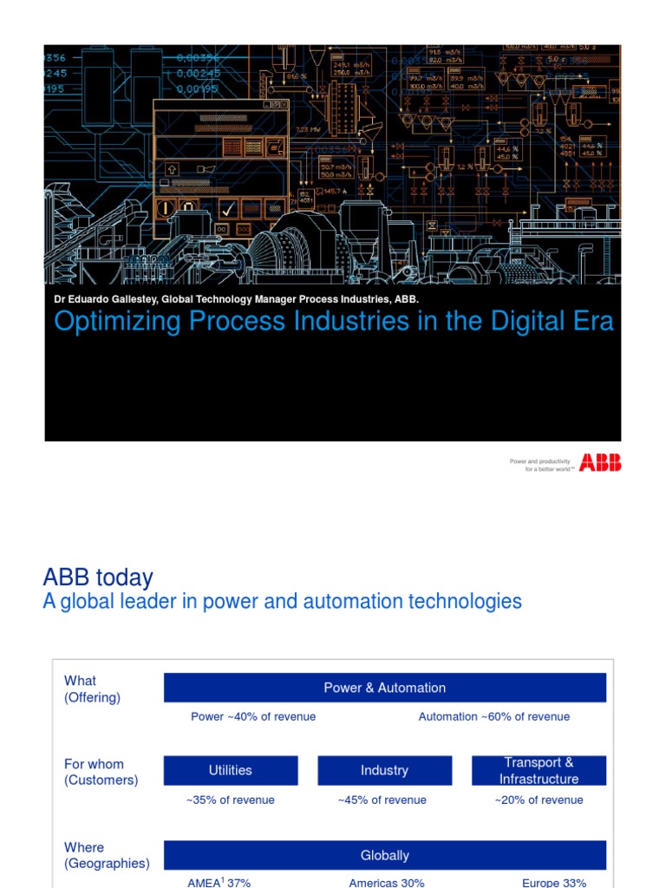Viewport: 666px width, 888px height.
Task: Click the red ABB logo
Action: coord(600,462)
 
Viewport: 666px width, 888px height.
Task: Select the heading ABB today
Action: coord(98,578)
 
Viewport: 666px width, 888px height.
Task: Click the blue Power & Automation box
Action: coord(384,688)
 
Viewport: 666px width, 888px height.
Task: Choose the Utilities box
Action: coord(231,770)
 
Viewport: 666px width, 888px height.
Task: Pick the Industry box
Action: coord(384,770)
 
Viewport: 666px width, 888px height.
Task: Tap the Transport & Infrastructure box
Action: coord(539,770)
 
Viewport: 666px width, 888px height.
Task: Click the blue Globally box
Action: coord(384,855)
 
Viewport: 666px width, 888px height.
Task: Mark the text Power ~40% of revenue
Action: coord(253,716)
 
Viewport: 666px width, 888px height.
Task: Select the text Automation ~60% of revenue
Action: coord(494,716)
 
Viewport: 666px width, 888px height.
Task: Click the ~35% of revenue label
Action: coord(231,800)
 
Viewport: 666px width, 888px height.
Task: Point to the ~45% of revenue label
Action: coord(382,800)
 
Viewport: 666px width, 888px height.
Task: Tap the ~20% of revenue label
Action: coord(539,800)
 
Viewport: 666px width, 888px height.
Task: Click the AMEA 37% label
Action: coord(219,882)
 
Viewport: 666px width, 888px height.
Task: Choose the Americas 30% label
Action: coord(387,882)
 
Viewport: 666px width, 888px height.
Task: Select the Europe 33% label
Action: coord(554,882)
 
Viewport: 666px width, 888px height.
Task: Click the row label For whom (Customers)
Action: coord(101,772)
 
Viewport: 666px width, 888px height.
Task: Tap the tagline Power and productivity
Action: coord(540,461)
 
